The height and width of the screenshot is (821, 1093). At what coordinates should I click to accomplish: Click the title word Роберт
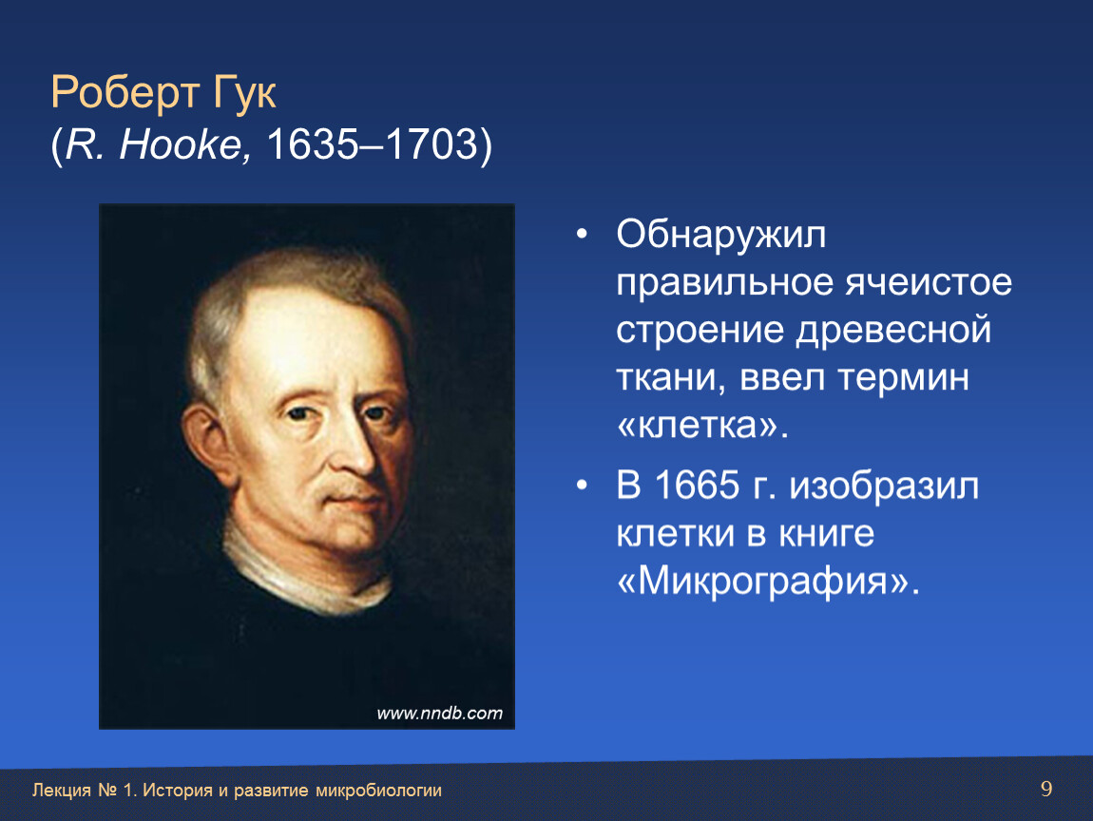coord(125,93)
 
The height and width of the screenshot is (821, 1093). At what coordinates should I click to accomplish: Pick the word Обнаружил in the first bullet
coord(721,235)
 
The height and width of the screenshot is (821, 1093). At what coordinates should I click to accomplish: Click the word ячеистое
coord(929,283)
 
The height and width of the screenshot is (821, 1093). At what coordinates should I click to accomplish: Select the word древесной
coord(893,331)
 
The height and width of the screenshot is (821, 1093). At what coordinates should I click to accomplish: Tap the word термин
coord(904,378)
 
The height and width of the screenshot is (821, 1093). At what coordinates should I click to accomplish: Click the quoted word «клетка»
coord(702,426)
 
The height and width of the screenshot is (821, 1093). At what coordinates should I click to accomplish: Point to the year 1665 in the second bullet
coord(697,485)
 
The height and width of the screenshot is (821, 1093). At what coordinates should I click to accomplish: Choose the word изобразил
coord(885,487)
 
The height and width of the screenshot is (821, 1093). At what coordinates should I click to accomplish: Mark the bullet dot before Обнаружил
coord(582,234)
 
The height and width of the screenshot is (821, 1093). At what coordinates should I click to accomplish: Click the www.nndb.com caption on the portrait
coord(439,713)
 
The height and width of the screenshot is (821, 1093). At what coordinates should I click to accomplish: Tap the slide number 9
coord(1046,789)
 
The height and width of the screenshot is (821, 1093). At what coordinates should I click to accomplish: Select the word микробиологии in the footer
coord(378,791)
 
